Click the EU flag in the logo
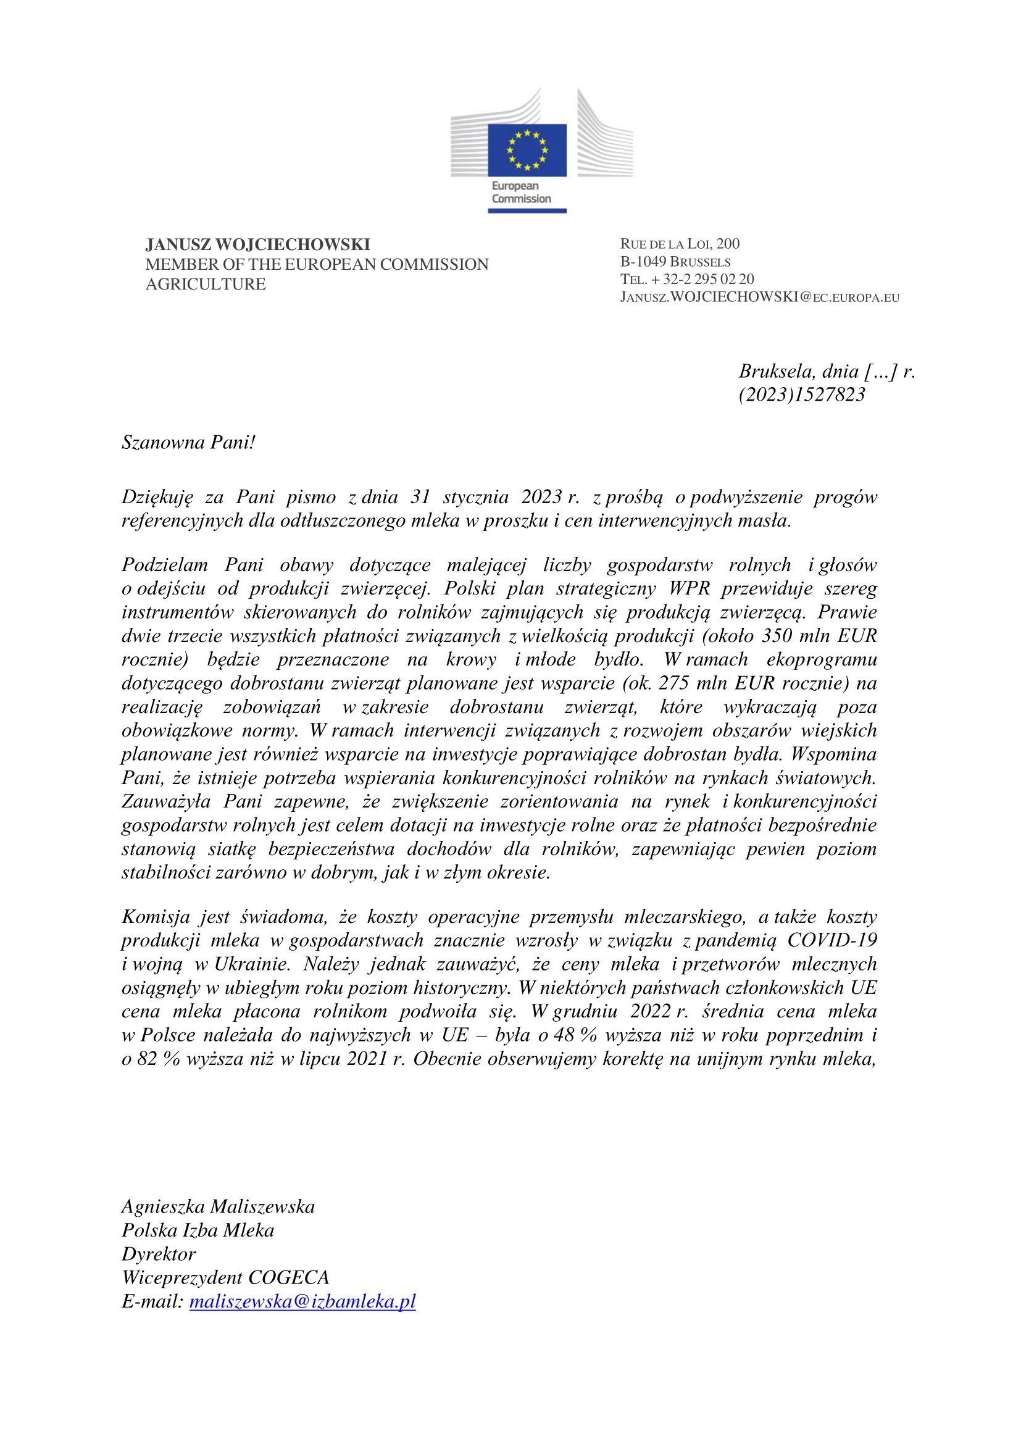[x=527, y=150]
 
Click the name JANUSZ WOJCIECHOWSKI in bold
[x=258, y=244]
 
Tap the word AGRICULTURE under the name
[x=206, y=284]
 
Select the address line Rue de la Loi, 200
[x=680, y=244]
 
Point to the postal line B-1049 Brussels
[x=675, y=262]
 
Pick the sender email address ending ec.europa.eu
[x=759, y=298]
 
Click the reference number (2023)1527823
[x=802, y=394]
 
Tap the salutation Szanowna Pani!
[x=189, y=443]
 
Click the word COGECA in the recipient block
[x=288, y=1278]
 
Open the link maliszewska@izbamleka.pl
[x=302, y=1302]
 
